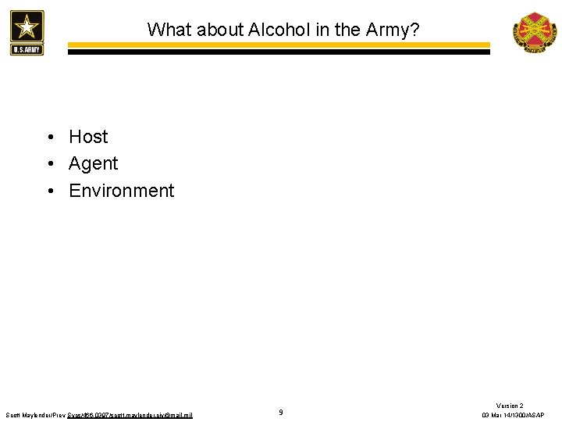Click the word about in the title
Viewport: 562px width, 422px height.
pyautogui.click(x=215, y=30)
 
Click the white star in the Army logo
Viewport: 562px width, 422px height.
pyautogui.click(x=27, y=27)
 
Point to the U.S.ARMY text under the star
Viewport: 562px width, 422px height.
pyautogui.click(x=27, y=49)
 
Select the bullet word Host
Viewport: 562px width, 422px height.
pyautogui.click(x=88, y=137)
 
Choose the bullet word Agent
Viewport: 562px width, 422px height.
pyautogui.click(x=93, y=164)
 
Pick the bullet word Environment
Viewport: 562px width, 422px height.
pyautogui.click(x=122, y=191)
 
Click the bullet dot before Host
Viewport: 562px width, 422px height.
pyautogui.click(x=49, y=138)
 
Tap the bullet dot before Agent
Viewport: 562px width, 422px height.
pyautogui.click(x=49, y=165)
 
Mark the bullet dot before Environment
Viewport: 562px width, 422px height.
pyautogui.click(x=49, y=191)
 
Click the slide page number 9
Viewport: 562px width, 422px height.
pyautogui.click(x=281, y=412)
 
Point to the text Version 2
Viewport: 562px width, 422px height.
pyautogui.click(x=510, y=406)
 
